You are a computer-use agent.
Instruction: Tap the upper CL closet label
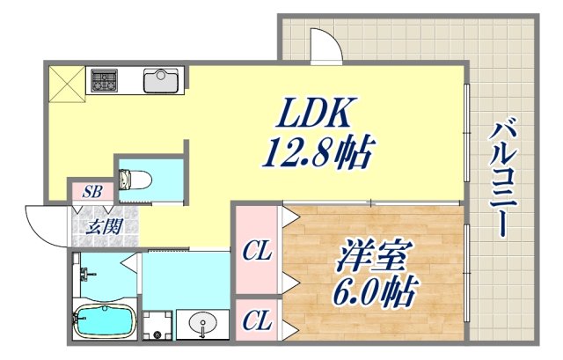tap(256, 251)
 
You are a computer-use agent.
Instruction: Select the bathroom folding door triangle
tap(130, 263)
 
